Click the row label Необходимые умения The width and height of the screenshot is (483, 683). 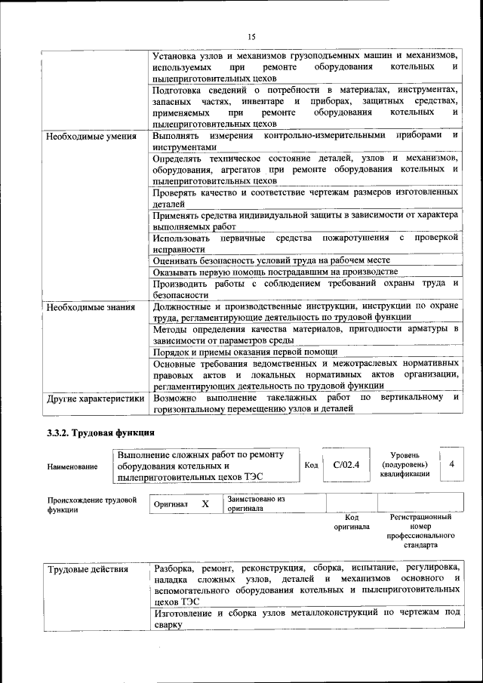click(91, 137)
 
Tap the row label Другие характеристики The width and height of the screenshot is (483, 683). click(94, 397)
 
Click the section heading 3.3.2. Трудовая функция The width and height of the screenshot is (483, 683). click(100, 432)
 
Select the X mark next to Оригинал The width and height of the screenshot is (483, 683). click(205, 503)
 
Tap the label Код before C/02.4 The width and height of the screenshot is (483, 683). click(311, 465)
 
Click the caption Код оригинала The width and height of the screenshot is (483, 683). click(351, 521)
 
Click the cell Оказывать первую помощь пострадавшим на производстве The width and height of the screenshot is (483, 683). click(275, 272)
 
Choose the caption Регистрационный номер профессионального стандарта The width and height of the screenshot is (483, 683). click(420, 531)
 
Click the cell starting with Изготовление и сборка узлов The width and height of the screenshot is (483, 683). click(306, 620)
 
